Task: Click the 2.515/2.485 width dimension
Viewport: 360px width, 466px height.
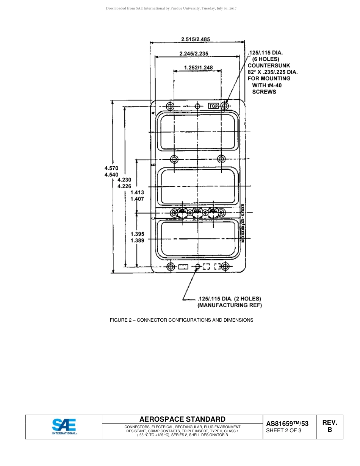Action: [x=195, y=39]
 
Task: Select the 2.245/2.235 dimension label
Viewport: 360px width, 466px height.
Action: [x=194, y=53]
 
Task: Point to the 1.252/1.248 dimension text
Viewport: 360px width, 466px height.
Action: [x=198, y=67]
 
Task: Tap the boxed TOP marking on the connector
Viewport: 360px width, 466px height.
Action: [x=214, y=106]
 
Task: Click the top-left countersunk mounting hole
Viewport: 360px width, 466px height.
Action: [x=170, y=106]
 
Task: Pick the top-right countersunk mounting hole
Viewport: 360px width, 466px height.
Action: [x=225, y=105]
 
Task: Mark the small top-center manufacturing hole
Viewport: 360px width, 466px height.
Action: [x=197, y=106]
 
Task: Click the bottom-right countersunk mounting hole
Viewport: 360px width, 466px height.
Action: [x=225, y=267]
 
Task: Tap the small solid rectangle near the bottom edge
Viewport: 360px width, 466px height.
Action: [x=183, y=267]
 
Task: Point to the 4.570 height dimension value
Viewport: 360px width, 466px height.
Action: [x=111, y=168]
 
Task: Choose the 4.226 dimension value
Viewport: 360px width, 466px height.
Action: [x=124, y=186]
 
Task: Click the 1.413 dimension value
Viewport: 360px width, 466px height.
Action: [x=137, y=192]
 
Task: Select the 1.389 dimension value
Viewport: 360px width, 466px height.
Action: [x=137, y=240]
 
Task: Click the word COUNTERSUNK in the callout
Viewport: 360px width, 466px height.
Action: [x=269, y=66]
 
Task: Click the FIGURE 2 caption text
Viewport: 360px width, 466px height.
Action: [x=181, y=320]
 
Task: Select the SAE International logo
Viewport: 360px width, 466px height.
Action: [x=64, y=427]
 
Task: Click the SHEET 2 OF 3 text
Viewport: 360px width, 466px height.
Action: [x=283, y=430]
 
